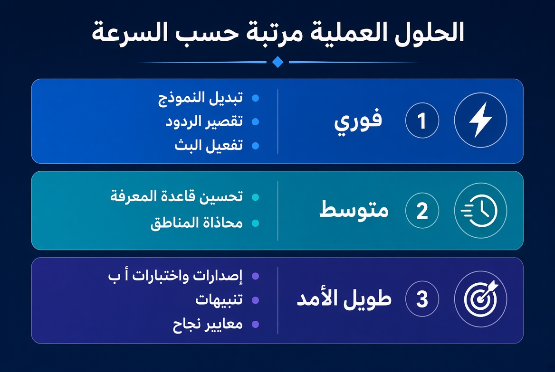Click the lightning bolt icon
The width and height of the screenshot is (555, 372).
click(x=480, y=120)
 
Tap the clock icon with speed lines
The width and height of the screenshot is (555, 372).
click(x=479, y=211)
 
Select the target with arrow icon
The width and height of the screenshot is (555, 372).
click(x=481, y=298)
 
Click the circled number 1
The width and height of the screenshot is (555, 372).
click(x=422, y=120)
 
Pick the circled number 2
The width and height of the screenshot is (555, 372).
click(x=422, y=211)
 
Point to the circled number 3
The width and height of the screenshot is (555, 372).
click(x=422, y=299)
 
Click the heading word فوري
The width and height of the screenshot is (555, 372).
click(x=358, y=121)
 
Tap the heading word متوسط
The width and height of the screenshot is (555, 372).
click(x=354, y=210)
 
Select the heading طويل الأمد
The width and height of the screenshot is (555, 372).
click(x=344, y=298)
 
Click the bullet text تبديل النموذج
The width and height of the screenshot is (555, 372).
click(x=201, y=98)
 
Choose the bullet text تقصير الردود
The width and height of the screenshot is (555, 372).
click(x=204, y=121)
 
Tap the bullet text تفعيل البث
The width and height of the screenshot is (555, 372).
click(x=209, y=145)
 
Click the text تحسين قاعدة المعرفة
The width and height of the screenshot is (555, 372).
click(x=176, y=196)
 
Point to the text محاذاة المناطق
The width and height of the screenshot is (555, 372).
click(x=196, y=223)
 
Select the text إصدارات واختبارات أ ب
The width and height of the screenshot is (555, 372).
click(x=175, y=276)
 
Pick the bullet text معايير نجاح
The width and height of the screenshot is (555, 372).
click(x=208, y=324)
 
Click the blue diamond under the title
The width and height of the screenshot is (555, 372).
click(x=278, y=62)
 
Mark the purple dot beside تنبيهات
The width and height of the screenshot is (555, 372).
click(x=255, y=300)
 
